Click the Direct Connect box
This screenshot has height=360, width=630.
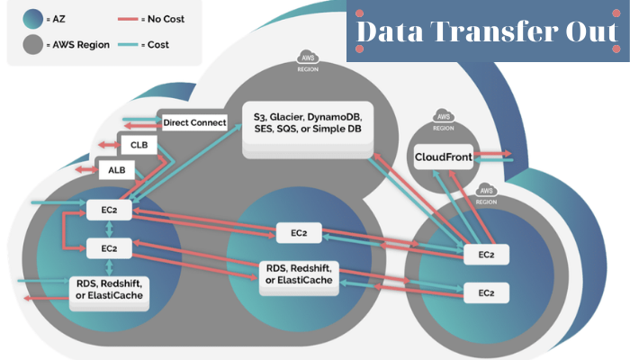(x=194, y=123)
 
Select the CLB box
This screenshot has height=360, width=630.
(x=139, y=145)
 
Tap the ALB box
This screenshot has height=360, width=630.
(x=117, y=168)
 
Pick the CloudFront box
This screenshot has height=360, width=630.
(x=443, y=158)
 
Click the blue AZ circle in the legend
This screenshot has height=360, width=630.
(x=32, y=18)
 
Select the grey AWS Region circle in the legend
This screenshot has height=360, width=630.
(x=32, y=44)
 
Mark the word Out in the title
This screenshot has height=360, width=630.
(x=585, y=32)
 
